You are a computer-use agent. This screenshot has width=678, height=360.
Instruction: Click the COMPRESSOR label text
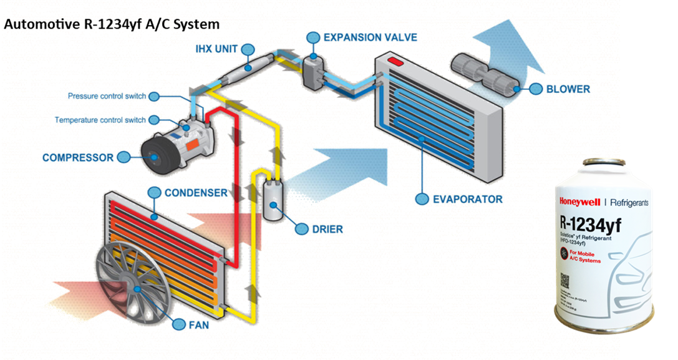(78, 158)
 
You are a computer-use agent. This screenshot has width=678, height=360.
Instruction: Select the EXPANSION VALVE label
(370, 38)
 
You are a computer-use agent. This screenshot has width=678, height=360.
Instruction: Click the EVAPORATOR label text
(468, 199)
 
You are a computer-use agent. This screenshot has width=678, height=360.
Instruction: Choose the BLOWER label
(568, 89)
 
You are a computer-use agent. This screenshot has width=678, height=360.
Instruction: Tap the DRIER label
(327, 230)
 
